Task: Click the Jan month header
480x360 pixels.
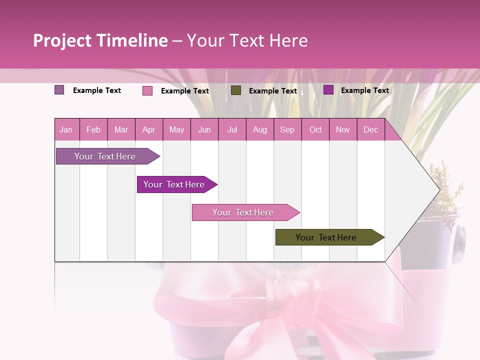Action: tap(66, 129)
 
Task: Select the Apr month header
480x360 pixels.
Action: tap(148, 129)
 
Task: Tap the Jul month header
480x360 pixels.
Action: tap(232, 129)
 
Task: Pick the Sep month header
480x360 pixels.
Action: tap(287, 129)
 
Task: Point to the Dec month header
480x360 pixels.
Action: tap(370, 129)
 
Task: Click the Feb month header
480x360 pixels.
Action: tap(93, 129)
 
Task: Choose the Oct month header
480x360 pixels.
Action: tap(315, 129)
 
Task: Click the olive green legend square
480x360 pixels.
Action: tap(236, 90)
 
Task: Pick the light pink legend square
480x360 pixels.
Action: tap(147, 90)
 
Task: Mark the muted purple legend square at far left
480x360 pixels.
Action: tap(59, 90)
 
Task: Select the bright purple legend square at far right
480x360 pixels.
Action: tap(328, 90)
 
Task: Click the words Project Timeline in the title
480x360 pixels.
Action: tap(100, 40)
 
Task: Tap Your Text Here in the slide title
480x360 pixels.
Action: tap(247, 40)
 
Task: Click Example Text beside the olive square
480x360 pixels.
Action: tap(272, 91)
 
